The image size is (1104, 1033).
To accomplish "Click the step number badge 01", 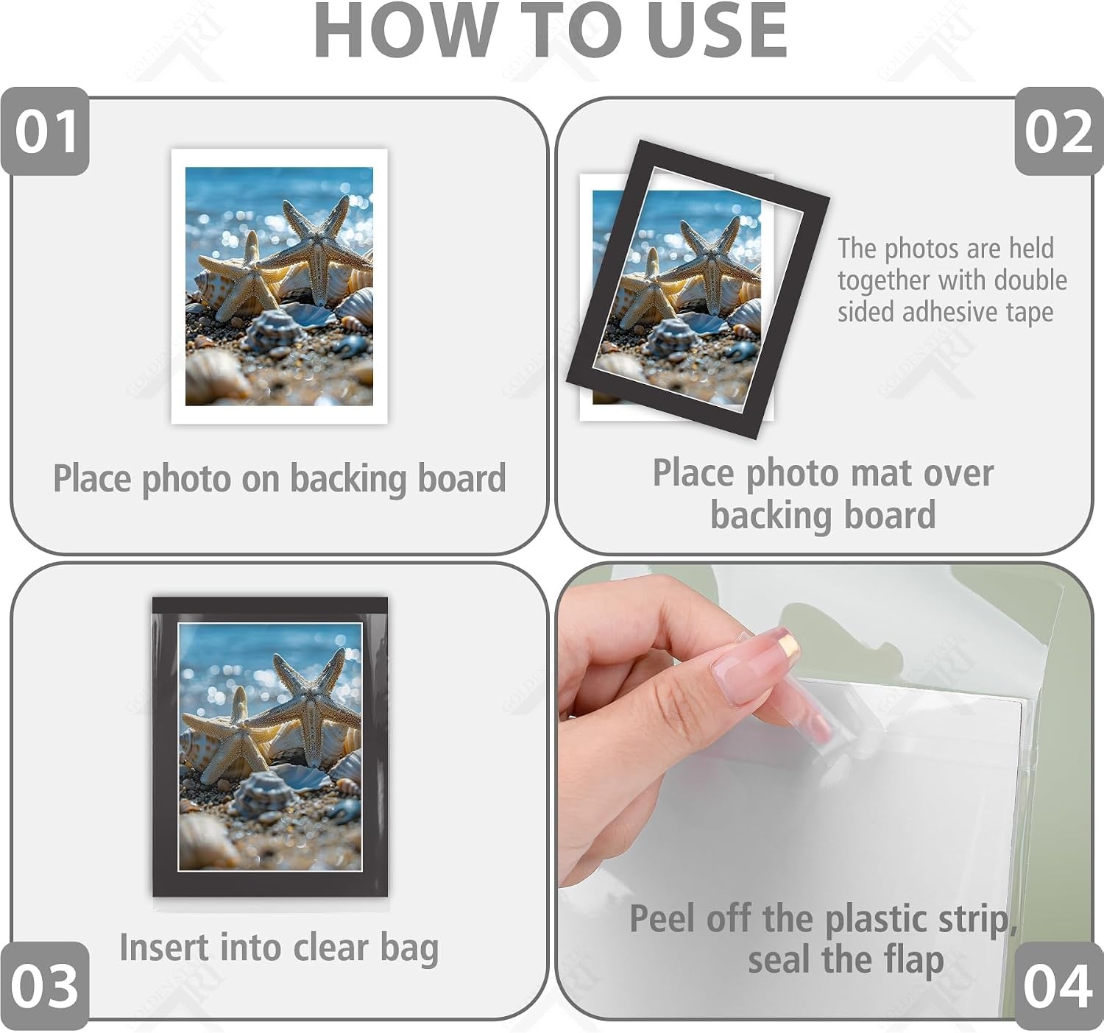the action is point(45,131).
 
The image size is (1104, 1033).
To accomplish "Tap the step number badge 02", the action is point(1059,131).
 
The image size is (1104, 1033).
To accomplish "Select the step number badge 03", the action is point(45,986).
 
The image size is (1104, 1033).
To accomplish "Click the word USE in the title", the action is point(717,31).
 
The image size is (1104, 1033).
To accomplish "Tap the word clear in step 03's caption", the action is point(330,948).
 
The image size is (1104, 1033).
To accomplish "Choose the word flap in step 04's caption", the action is point(916,961).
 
